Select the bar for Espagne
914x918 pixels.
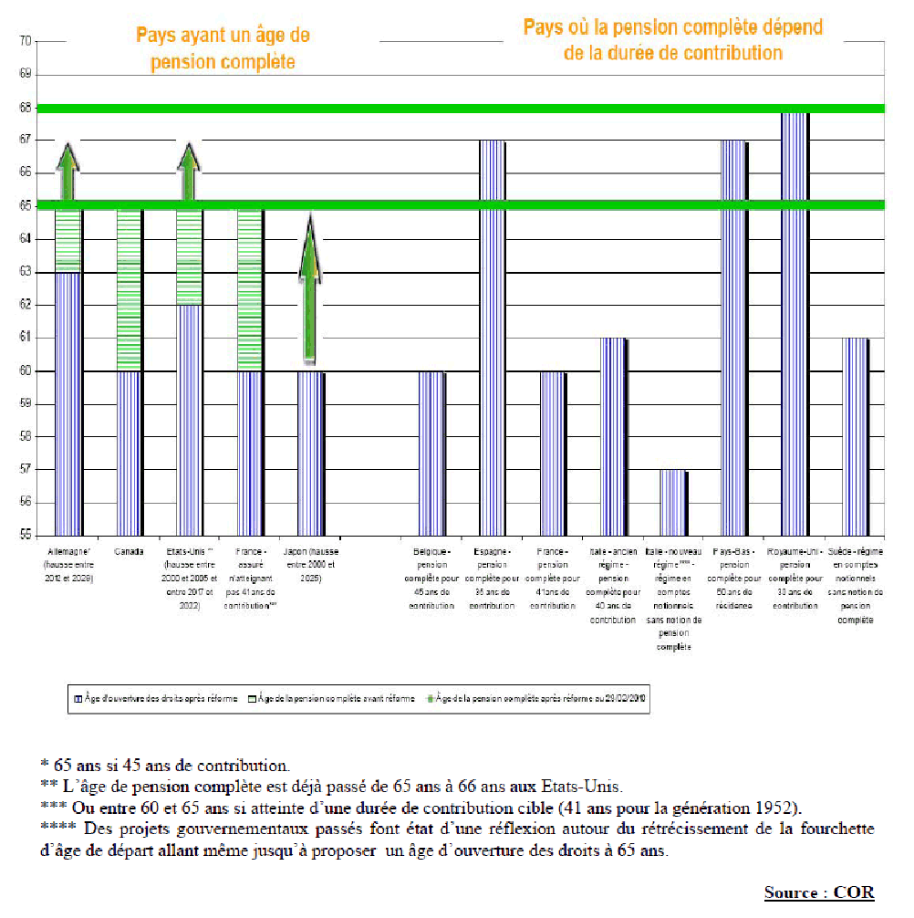pos(493,338)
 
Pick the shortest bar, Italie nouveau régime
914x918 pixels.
pos(674,503)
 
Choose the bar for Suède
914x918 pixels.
pos(856,437)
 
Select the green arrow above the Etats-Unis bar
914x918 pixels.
pos(189,173)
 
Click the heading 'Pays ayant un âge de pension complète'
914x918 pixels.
pos(223,48)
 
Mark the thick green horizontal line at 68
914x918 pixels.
pos(456,109)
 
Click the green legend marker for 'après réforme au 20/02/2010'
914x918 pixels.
pos(428,699)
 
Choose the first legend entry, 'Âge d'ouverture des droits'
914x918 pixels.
pos(156,699)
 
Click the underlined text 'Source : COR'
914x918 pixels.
pos(818,892)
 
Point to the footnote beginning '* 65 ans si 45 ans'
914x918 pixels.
pos(164,764)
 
